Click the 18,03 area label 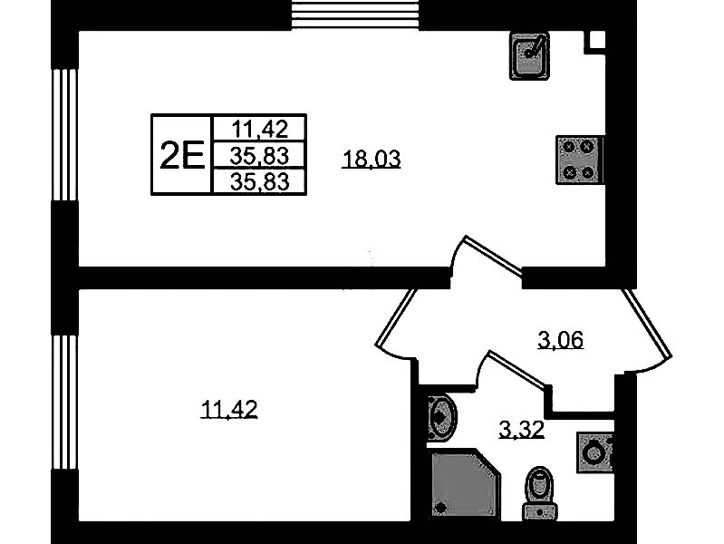(372, 160)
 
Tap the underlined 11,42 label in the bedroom (229, 411)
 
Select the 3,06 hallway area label (560, 341)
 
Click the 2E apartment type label (180, 155)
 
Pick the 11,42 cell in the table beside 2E (258, 128)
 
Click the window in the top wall (356, 15)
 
